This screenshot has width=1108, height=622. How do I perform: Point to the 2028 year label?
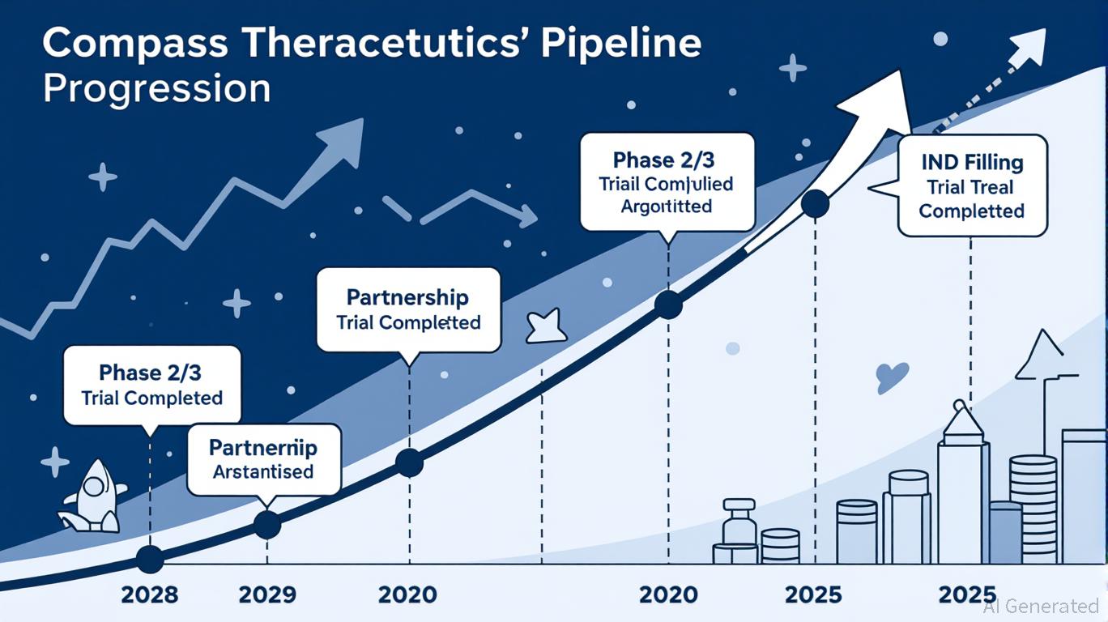(x=150, y=595)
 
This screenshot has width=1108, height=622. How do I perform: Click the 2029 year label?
(x=268, y=595)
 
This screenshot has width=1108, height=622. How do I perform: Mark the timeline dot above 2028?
(x=150, y=559)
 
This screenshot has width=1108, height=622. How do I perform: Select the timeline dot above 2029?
(x=267, y=525)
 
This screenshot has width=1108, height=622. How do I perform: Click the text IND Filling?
(x=972, y=162)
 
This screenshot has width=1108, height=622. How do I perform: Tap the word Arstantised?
(x=263, y=471)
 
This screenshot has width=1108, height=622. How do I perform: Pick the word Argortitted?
(x=667, y=207)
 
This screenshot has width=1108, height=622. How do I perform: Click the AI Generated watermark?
(x=1041, y=606)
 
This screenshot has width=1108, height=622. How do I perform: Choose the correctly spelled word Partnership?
(x=407, y=297)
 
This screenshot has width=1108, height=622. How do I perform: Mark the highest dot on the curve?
(x=815, y=203)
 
